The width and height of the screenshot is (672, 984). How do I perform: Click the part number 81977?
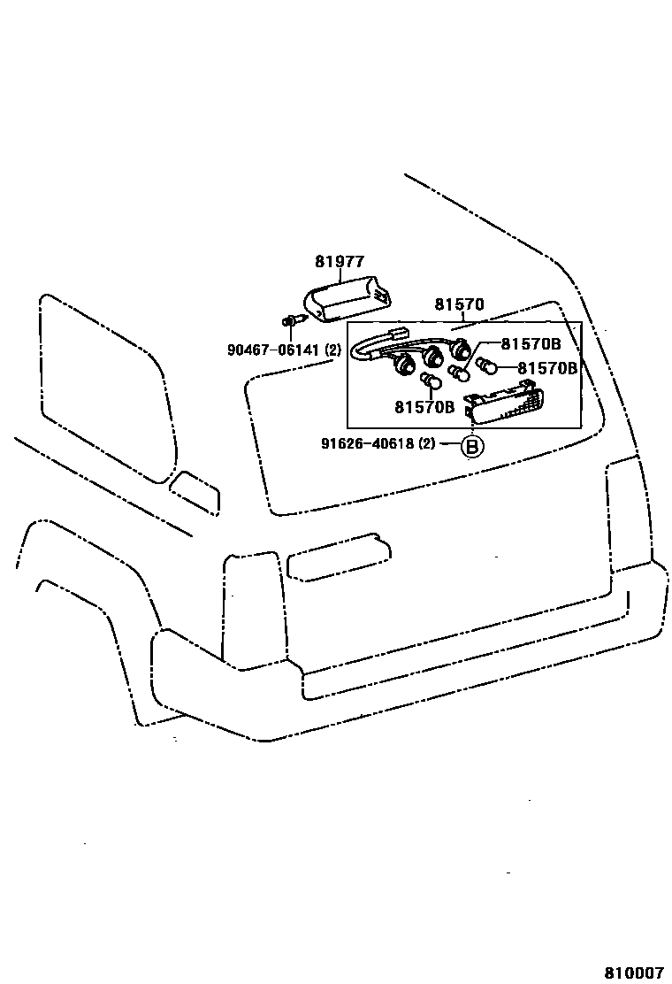pos(340,261)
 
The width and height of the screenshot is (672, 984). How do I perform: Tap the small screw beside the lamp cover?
pos(289,319)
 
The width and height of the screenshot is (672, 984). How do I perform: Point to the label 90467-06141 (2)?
pos(283,350)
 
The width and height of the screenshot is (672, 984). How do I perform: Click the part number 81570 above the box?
pos(459,304)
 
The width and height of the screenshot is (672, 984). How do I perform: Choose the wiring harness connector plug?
pos(395,335)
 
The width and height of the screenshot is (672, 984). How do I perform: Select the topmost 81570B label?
pos(531,344)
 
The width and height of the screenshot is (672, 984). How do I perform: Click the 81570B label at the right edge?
pos(547,367)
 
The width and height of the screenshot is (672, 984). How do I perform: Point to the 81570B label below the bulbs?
pos(424,407)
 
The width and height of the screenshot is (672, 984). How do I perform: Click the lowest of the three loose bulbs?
pos(431,381)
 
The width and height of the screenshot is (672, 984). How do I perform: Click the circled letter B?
pos(471,447)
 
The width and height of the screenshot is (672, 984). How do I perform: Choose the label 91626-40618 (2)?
pos(378,443)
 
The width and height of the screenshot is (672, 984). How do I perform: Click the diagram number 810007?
pos(633,972)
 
